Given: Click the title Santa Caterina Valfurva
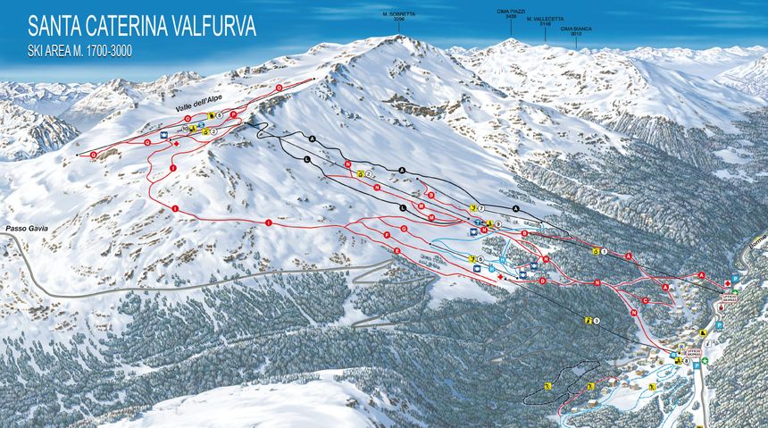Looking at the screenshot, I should coord(142,26).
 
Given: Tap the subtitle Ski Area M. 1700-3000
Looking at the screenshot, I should coord(80,51).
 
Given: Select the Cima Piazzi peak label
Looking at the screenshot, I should coord(511,13).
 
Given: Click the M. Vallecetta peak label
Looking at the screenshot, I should coord(544,21).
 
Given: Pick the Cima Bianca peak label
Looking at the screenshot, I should coord(576,30).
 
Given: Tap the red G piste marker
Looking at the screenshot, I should coord(405,229).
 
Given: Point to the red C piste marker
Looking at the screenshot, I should coord(645,300).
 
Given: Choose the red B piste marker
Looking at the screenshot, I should coord(524,234).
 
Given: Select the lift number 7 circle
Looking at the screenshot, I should coord(480,207).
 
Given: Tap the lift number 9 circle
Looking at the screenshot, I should coord(497,222).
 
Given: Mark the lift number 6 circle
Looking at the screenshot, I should coord(480,259).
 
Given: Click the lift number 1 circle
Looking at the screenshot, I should coord(605,252).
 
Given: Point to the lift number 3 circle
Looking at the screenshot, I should coord(597,320).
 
